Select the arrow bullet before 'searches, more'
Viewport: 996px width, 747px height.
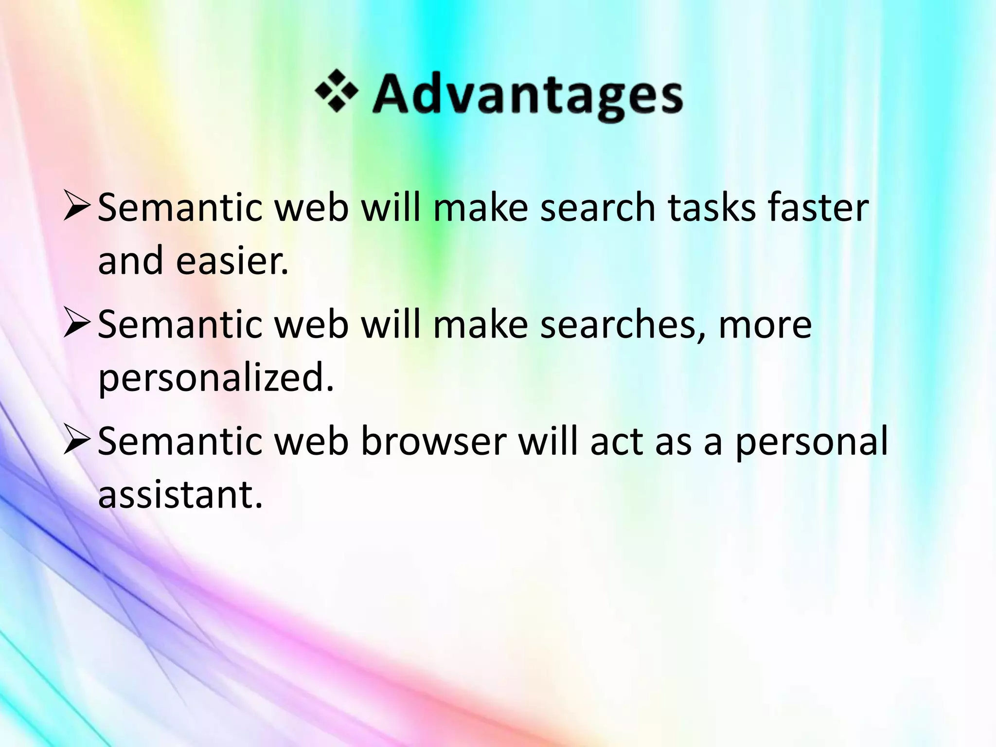(x=77, y=325)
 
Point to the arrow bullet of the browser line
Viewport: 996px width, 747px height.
(x=77, y=442)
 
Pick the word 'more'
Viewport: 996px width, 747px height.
(x=765, y=325)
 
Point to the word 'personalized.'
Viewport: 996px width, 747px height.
(x=216, y=378)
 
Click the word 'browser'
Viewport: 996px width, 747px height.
(x=433, y=442)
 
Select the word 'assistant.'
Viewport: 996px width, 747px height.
(x=180, y=495)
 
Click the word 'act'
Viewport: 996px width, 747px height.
(x=616, y=442)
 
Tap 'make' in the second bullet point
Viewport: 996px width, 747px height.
(x=480, y=325)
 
